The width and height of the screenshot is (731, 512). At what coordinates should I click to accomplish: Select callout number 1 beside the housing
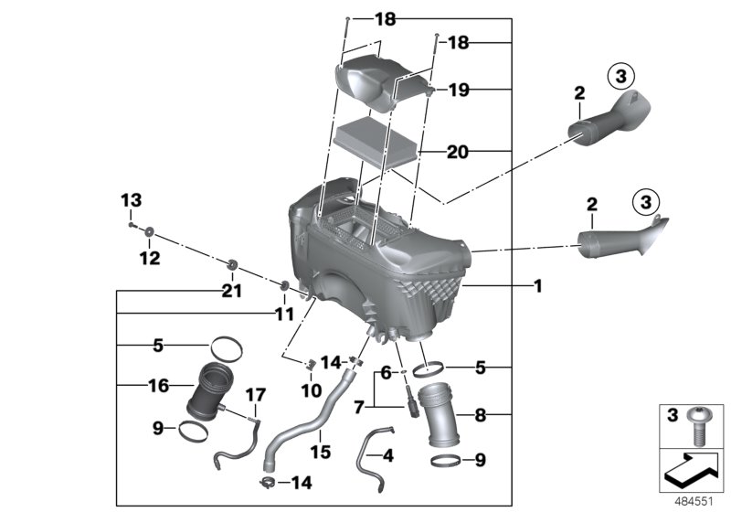(x=538, y=286)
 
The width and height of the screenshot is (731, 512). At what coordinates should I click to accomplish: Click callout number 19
(x=460, y=90)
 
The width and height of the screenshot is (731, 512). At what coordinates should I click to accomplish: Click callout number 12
(x=149, y=259)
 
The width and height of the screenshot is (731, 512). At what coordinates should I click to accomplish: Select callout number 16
(x=158, y=386)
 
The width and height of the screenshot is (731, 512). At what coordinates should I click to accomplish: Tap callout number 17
(x=255, y=395)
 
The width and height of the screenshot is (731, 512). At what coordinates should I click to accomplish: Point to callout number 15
(x=319, y=453)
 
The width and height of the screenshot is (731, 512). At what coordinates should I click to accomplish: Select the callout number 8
(x=480, y=413)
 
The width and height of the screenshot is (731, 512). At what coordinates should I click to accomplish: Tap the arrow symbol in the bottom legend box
(x=692, y=472)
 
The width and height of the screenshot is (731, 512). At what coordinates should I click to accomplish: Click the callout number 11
(x=284, y=314)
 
